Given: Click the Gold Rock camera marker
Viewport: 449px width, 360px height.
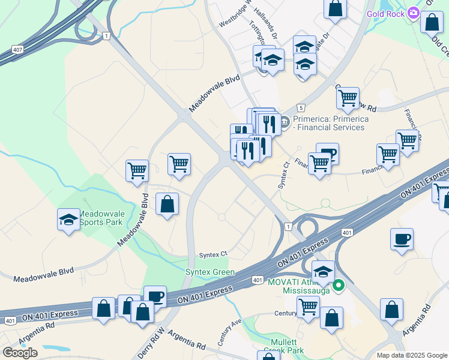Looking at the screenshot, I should tap(413, 13).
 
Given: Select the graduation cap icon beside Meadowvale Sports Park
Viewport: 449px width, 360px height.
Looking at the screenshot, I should tap(69, 220).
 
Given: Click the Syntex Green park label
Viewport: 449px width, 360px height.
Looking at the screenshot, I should tap(209, 272).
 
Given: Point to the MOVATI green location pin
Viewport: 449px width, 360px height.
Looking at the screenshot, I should tap(339, 286).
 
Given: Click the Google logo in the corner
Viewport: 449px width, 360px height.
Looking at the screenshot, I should tap(20, 353).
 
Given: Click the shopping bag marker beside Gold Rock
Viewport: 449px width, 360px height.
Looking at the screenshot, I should tap(432, 22).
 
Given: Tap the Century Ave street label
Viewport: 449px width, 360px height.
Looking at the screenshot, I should tap(229, 332).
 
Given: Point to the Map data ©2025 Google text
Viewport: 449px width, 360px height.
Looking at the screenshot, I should tap(411, 355).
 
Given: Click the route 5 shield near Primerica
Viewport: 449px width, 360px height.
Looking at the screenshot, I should tap(300, 107).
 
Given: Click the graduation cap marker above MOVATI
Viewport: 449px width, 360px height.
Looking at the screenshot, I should tap(323, 272).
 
